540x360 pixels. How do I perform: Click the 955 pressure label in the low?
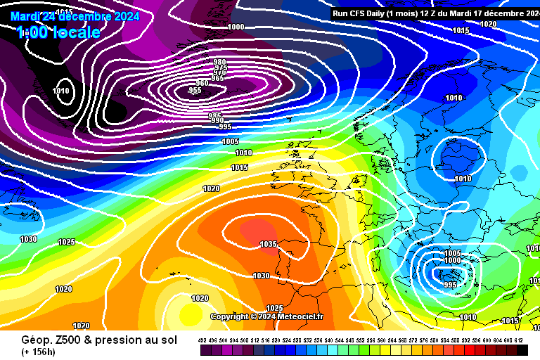[x=195, y=90]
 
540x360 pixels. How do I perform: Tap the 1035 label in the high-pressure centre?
[x=268, y=245]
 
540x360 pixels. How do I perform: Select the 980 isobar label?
[x=219, y=62]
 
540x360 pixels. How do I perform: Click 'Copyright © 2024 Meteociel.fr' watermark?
[x=266, y=316]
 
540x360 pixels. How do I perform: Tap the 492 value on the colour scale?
[x=202, y=340]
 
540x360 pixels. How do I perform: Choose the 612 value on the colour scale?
[x=519, y=340]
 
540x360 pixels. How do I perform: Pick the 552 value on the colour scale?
[x=361, y=340]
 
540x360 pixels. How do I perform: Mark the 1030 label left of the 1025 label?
[x=28, y=239]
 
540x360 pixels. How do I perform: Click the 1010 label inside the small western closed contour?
[x=62, y=91]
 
